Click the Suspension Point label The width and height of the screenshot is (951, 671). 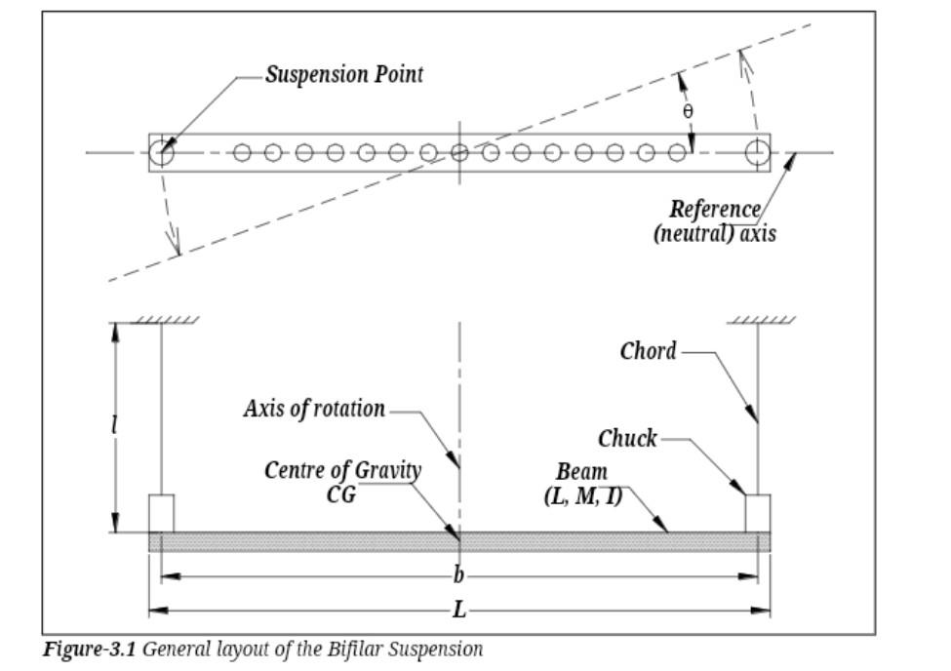tap(344, 75)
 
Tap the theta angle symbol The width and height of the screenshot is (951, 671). tap(688, 111)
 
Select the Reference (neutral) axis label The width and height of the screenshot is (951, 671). tap(714, 221)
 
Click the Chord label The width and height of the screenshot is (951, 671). tap(648, 351)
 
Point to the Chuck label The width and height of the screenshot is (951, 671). tap(627, 439)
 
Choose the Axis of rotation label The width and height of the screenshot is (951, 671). tap(314, 409)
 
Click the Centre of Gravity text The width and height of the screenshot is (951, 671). tap(342, 470)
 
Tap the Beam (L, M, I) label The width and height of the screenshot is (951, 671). tap(582, 484)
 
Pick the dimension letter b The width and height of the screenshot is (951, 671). tap(458, 574)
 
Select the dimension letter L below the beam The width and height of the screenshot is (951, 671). tap(459, 609)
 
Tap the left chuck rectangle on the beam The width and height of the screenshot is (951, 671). tap(161, 513)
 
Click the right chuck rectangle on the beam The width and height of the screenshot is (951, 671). tap(758, 513)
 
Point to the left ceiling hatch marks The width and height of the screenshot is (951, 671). tap(165, 320)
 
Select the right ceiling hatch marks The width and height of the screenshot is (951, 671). tap(761, 320)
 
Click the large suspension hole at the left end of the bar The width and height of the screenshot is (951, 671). tap(161, 152)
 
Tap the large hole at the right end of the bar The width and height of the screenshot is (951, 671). tap(758, 152)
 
